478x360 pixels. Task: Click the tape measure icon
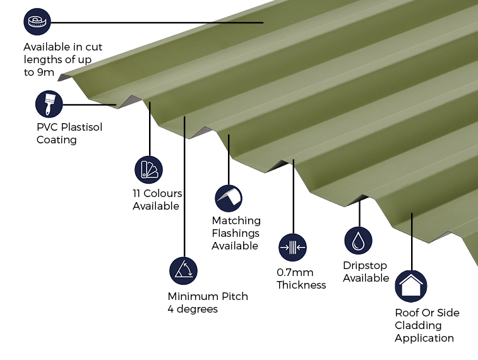(37, 21)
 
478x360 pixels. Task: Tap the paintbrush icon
(49, 104)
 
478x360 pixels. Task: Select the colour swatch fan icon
(149, 170)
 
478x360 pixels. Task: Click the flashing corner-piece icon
(229, 198)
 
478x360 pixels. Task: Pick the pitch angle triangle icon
(184, 271)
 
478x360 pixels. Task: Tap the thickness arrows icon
(292, 247)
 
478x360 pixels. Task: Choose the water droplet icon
(358, 241)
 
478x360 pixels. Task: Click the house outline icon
(411, 286)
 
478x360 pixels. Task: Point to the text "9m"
(45, 72)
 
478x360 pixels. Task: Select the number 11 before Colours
(136, 193)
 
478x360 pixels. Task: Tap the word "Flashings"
(236, 233)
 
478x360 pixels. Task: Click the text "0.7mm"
(295, 272)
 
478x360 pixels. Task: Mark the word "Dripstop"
(365, 265)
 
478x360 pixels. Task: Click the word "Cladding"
(418, 325)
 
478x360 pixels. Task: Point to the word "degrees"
(197, 309)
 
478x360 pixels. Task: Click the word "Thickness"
(301, 285)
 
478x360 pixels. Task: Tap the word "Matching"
(236, 220)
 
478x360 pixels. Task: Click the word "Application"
(424, 338)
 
